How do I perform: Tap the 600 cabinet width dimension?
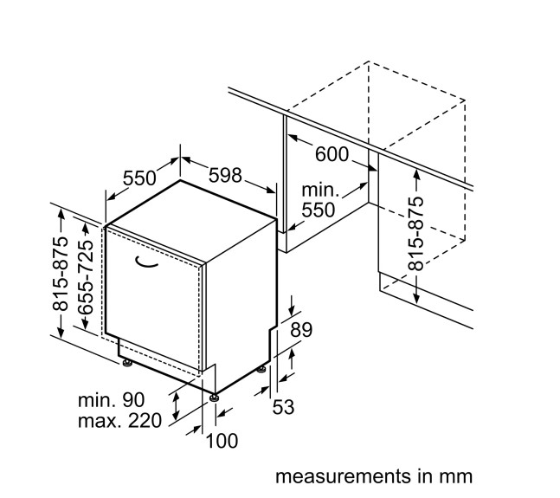click(x=331, y=155)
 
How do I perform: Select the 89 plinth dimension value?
click(x=301, y=330)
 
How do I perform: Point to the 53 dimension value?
click(x=285, y=406)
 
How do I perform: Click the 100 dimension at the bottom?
click(x=222, y=442)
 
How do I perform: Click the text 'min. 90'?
click(x=111, y=400)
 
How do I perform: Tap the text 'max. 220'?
click(x=119, y=422)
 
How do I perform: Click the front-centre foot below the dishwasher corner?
click(x=212, y=398)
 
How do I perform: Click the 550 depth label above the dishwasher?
click(x=138, y=178)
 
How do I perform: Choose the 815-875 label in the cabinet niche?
click(x=416, y=233)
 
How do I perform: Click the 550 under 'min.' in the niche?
click(x=319, y=209)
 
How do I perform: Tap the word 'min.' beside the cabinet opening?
click(x=319, y=190)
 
